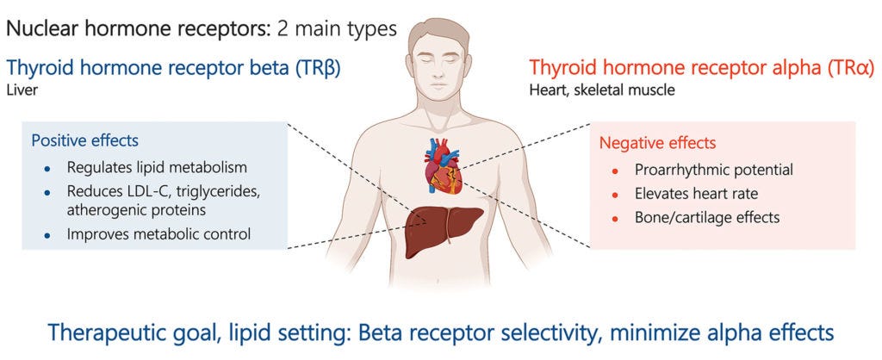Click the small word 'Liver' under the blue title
[20, 89]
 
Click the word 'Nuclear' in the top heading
[40, 28]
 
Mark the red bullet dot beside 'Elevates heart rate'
[614, 195]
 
